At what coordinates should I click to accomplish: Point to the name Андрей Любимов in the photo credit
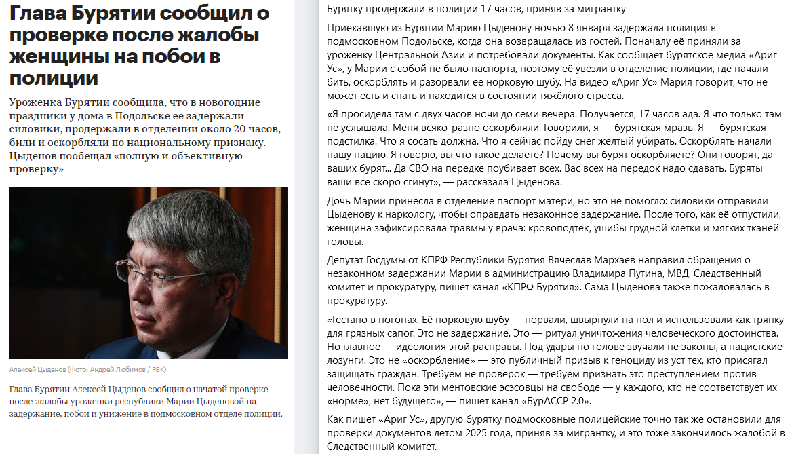coord(119,370)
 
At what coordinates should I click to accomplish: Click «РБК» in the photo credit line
coord(157,370)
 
